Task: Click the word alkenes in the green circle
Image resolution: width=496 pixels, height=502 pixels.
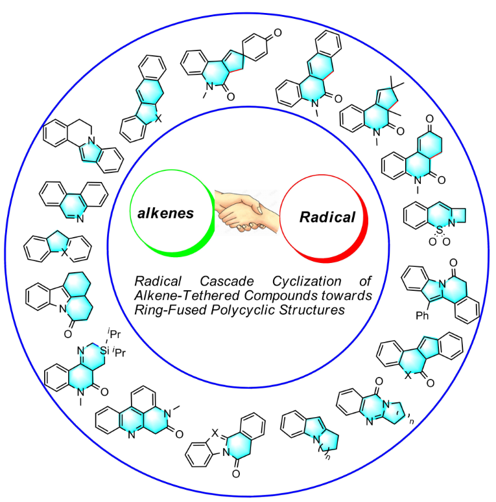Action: pos(165,213)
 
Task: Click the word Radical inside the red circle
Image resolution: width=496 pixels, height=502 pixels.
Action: pos(327,218)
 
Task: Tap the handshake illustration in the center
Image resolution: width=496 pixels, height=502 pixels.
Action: pos(247,211)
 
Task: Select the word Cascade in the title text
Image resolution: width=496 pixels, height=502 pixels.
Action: pos(227,281)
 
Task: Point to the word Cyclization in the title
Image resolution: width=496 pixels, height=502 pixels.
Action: pos(307,281)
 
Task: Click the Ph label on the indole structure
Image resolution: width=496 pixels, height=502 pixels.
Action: pos(422,316)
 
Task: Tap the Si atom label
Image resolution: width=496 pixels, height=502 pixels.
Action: pos(105,350)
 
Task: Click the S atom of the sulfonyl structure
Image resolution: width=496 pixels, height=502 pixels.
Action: pos(440,230)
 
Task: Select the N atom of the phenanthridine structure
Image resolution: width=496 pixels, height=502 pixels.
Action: pos(80,219)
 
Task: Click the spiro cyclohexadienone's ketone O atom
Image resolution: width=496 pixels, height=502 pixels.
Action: pos(278,32)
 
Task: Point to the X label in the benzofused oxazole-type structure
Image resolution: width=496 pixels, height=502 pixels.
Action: pos(215,433)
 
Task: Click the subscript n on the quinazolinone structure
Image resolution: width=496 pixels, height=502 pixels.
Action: pos(412,421)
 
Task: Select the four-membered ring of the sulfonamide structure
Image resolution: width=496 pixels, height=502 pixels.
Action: pos(458,216)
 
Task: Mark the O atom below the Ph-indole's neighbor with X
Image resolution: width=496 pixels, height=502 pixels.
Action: pos(430,383)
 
